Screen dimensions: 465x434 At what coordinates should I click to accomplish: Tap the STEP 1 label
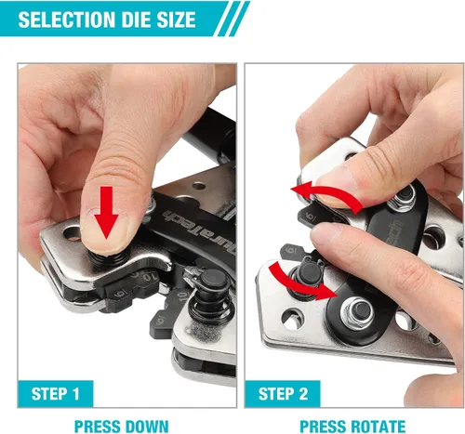[x=56, y=393]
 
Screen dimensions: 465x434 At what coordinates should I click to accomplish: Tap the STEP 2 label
[x=283, y=394]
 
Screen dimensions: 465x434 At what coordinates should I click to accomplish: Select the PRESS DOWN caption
[x=122, y=427]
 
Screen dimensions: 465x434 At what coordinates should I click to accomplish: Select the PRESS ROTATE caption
[x=352, y=427]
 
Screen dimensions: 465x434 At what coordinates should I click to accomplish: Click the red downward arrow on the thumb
[x=106, y=212]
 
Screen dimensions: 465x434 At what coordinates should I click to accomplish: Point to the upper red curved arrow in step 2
[x=328, y=195]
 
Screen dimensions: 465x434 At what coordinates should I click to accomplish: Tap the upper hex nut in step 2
[x=404, y=197]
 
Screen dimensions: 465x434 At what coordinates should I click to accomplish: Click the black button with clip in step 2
[x=309, y=272]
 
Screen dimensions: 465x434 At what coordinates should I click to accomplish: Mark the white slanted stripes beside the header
[x=232, y=19]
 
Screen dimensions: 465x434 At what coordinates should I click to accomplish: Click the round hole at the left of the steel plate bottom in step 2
[x=292, y=319]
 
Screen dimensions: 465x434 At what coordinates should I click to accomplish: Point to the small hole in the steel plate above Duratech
[x=199, y=187]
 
